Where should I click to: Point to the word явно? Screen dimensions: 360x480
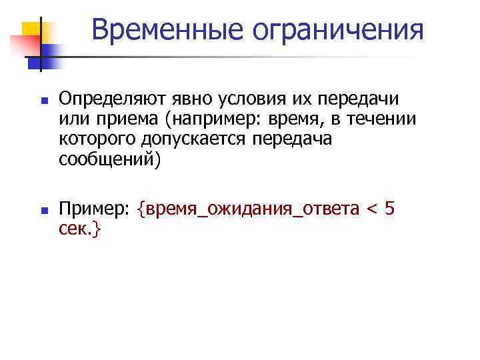tap(193, 99)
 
